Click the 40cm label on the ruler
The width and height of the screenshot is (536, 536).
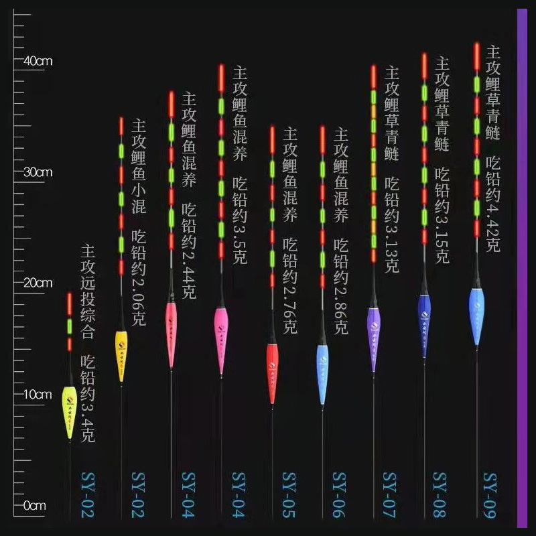tap(38, 61)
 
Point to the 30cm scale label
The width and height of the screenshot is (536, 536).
tap(38, 172)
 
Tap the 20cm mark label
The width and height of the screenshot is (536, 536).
tap(38, 283)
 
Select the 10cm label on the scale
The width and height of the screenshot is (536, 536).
tap(38, 395)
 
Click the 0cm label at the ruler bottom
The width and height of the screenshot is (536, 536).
tap(34, 506)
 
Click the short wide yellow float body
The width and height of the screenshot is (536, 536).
tap(69, 410)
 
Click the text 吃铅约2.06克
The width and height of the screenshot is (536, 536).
tap(139, 278)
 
